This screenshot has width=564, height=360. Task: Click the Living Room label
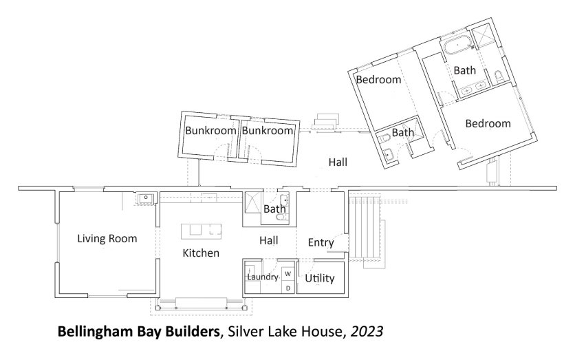(107, 238)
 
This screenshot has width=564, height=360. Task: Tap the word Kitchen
(201, 253)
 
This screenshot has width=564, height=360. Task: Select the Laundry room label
(263, 277)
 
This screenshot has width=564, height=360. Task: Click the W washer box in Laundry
(288, 274)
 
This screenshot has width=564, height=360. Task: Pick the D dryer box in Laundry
(288, 288)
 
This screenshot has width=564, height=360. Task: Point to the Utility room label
(320, 278)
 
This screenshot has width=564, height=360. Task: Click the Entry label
(321, 243)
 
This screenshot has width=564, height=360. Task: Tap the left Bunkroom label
(210, 130)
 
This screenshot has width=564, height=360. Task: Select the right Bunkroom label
(268, 130)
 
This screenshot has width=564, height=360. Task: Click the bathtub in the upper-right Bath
(457, 45)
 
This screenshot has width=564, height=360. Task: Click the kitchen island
(201, 231)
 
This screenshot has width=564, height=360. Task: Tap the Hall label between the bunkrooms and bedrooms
(338, 162)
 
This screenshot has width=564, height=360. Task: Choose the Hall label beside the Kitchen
(269, 240)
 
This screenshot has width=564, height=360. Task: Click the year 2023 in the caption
(367, 331)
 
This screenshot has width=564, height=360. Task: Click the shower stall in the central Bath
(252, 202)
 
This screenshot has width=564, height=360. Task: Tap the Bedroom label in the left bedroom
(378, 79)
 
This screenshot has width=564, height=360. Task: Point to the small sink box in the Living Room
(146, 198)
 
